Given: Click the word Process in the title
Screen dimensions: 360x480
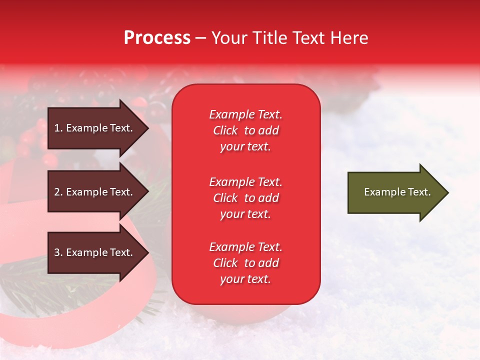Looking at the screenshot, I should click(x=157, y=38).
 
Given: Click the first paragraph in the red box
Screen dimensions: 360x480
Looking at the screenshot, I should click(x=245, y=130).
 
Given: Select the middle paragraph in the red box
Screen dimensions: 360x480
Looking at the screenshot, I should click(x=245, y=198).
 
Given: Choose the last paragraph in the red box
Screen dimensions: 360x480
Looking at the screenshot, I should click(x=245, y=263).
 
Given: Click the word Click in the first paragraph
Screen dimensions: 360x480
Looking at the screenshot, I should click(x=225, y=130).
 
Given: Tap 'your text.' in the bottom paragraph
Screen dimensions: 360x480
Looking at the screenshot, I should click(x=245, y=279).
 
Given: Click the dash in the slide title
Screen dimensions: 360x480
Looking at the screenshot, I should click(x=201, y=38).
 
